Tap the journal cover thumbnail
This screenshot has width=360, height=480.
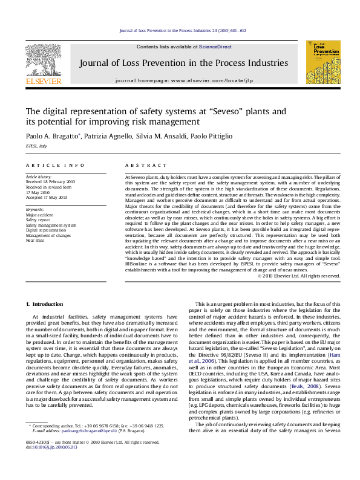(x=323, y=62)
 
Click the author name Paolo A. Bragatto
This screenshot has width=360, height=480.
(x=51, y=137)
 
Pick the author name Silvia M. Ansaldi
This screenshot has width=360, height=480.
(x=162, y=137)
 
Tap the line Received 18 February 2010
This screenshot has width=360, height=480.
(x=50, y=181)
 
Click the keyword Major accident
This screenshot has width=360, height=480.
(x=39, y=215)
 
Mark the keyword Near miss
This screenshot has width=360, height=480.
(x=35, y=241)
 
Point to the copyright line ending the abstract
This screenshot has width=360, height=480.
(x=299, y=276)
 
